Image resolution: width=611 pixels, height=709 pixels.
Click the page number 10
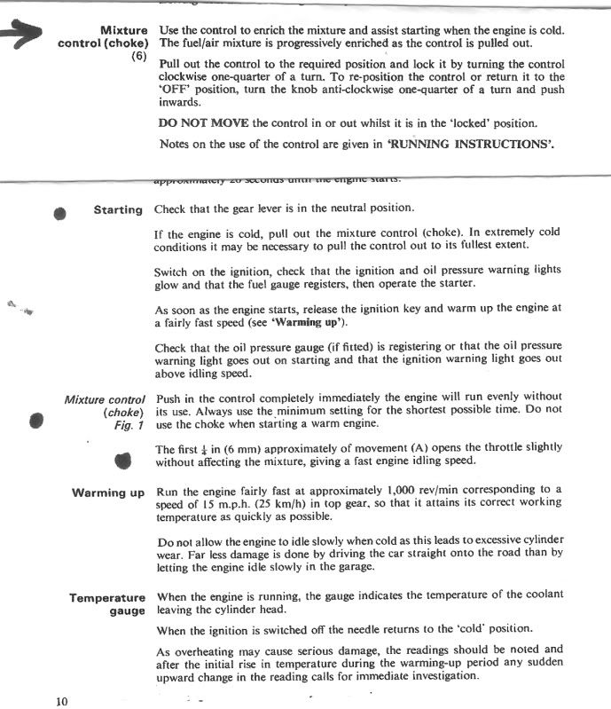click(x=61, y=701)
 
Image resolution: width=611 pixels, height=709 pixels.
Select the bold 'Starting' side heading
click(x=118, y=210)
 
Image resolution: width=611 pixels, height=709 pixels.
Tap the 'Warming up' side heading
click(x=108, y=492)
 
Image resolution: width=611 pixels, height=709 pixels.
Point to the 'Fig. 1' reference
click(x=129, y=425)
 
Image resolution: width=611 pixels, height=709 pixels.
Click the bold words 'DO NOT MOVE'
click(x=204, y=123)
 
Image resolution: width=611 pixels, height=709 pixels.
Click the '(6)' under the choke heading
click(x=138, y=57)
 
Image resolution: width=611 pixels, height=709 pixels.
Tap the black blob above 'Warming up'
click(x=123, y=460)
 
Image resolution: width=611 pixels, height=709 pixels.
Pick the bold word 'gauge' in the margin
click(x=127, y=611)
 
